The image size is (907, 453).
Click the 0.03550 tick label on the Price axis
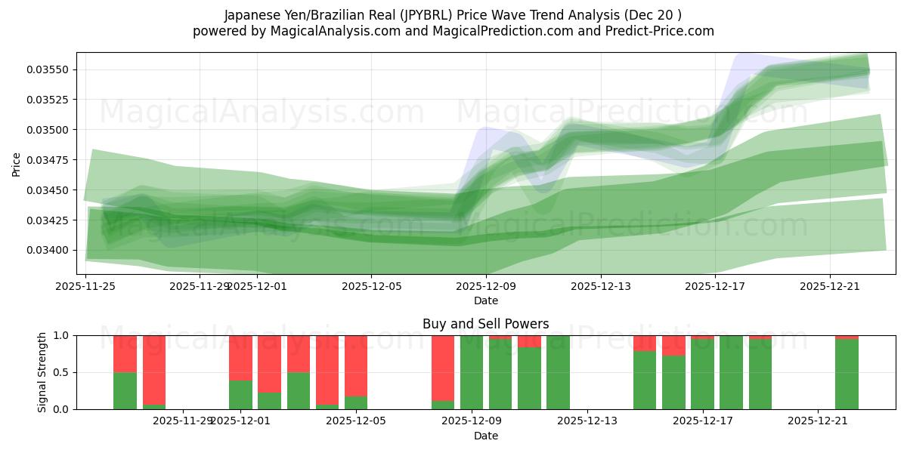pyautogui.click(x=48, y=69)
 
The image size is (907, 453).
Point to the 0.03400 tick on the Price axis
pyautogui.click(x=48, y=250)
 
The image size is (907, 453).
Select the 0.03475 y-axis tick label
pyautogui.click(x=48, y=160)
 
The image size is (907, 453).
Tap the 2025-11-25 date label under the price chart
pyautogui.click(x=85, y=286)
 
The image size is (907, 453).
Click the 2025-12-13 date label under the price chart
pyautogui.click(x=600, y=286)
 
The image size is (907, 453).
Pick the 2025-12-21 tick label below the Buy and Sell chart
pyautogui.click(x=819, y=421)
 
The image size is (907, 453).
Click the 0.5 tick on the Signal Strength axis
pyautogui.click(x=62, y=372)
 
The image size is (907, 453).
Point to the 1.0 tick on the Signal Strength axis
pyautogui.click(x=62, y=335)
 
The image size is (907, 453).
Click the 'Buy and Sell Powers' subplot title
pyautogui.click(x=485, y=324)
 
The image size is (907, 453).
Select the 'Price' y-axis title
pyautogui.click(x=17, y=163)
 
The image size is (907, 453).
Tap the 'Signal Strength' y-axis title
pyautogui.click(x=43, y=372)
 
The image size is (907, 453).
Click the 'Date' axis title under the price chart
pyautogui.click(x=485, y=300)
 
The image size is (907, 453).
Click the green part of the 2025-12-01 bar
pyautogui.click(x=240, y=395)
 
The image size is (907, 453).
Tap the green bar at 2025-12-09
pyautogui.click(x=472, y=372)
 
